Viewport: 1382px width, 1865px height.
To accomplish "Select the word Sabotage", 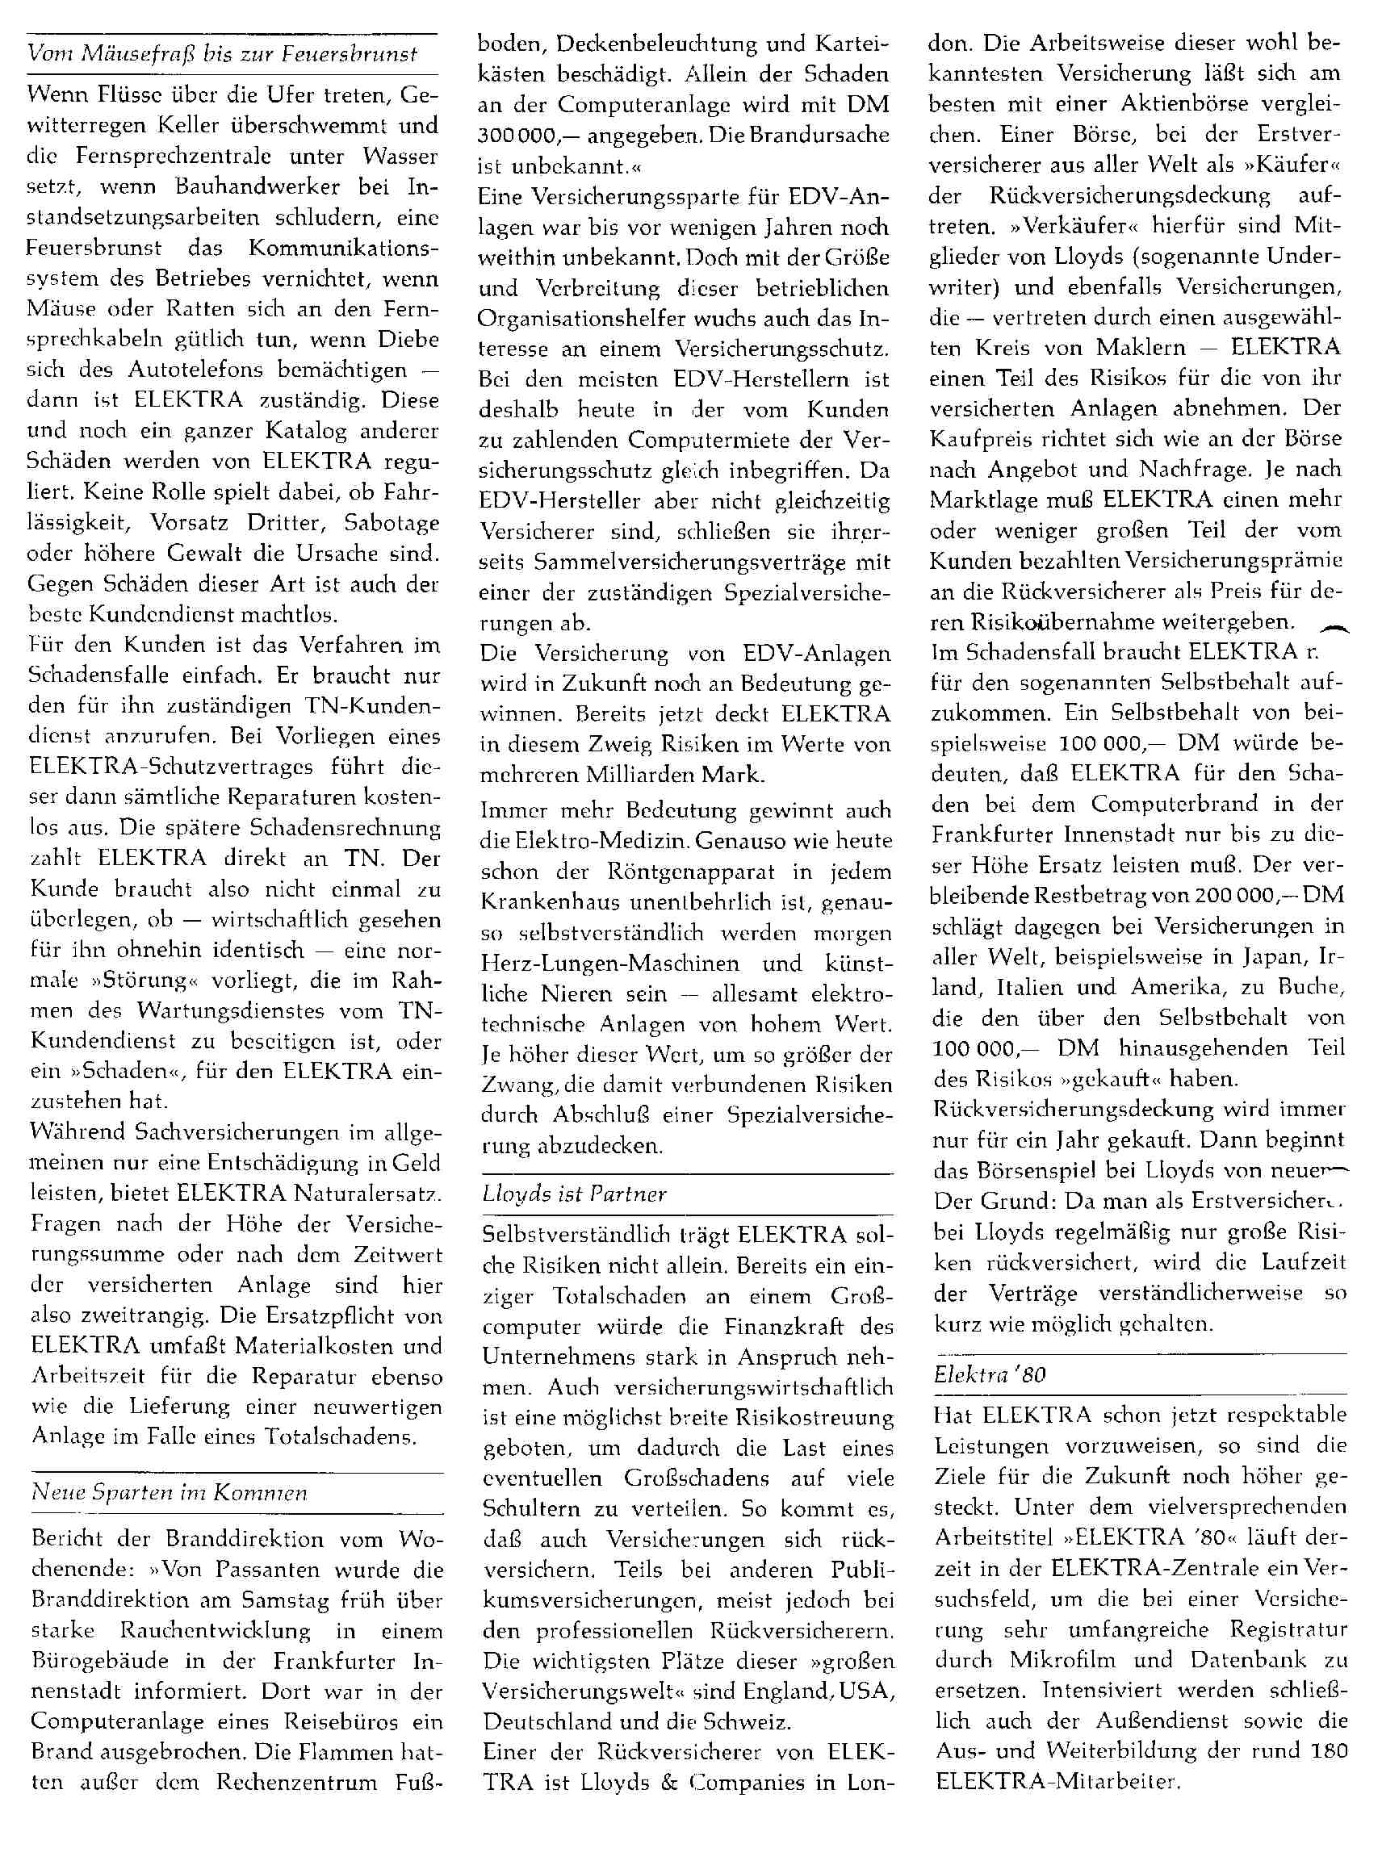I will pos(392,523).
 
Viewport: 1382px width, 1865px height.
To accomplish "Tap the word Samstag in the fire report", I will pos(285,1599).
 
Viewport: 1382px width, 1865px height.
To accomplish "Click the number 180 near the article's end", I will pos(1329,1750).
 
